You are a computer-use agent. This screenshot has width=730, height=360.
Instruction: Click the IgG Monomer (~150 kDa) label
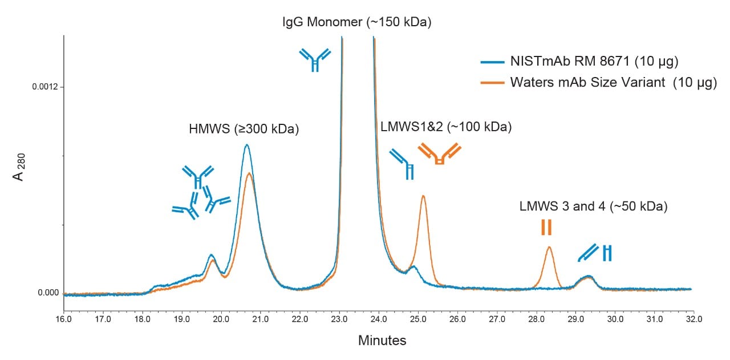coord(357,23)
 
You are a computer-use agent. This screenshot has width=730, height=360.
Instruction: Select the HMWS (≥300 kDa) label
coord(244,130)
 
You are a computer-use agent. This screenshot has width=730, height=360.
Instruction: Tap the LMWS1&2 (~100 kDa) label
coord(445,127)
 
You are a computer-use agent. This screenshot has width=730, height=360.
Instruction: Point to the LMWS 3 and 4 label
coord(593,207)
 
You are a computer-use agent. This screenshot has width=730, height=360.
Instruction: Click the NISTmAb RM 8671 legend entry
coord(587,61)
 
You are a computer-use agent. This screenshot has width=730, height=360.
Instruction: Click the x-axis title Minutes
coord(382,341)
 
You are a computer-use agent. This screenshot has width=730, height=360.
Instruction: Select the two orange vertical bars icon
coord(546,227)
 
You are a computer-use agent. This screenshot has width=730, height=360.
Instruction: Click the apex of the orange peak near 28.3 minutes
coord(549,247)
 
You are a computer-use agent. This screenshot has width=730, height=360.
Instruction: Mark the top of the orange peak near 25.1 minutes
coord(423,196)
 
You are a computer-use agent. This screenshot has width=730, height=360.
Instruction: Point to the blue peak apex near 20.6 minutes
coord(246,145)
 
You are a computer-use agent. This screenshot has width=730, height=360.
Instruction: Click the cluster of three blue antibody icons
coord(200,192)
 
